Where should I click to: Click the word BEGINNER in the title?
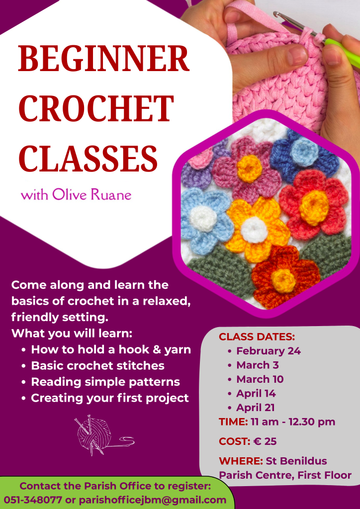pyautogui.click(x=104, y=58)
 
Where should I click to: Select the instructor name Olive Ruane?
pyautogui.click(x=92, y=194)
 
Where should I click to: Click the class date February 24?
pyautogui.click(x=269, y=351)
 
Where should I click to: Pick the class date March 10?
pyautogui.click(x=260, y=379)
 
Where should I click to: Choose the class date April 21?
pyautogui.click(x=256, y=408)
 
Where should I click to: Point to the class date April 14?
pyautogui.click(x=256, y=394)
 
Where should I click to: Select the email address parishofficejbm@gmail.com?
pyautogui.click(x=153, y=500)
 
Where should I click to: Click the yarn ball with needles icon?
pyautogui.click(x=103, y=435)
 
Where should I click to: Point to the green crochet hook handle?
pyautogui.click(x=342, y=52)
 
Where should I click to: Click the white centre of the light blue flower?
pyautogui.click(x=202, y=219)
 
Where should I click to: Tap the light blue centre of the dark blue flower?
pyautogui.click(x=304, y=149)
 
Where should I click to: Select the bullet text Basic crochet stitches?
pyautogui.click(x=98, y=366)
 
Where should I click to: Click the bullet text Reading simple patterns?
pyautogui.click(x=105, y=382)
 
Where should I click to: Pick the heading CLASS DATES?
pyautogui.click(x=257, y=337)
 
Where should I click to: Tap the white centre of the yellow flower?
pyautogui.click(x=254, y=230)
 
